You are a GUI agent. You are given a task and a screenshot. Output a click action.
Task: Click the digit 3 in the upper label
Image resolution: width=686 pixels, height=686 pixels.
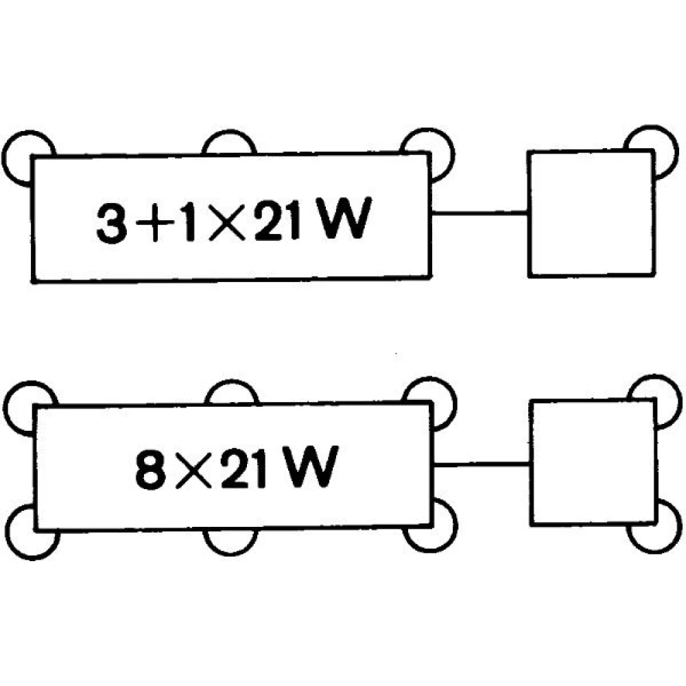pos(112,223)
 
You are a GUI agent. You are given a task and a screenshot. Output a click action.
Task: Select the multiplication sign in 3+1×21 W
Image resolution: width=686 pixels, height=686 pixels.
pos(228,224)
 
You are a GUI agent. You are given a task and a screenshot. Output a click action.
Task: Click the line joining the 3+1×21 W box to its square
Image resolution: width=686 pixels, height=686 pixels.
pos(480,213)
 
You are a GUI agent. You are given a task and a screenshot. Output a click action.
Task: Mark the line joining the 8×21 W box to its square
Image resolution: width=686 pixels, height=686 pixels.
pos(482,464)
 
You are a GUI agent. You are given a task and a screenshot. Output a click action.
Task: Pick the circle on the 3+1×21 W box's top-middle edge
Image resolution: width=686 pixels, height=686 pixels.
pos(229,132)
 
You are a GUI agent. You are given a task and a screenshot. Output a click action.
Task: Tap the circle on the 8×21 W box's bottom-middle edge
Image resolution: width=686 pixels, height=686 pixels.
pos(230,553)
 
